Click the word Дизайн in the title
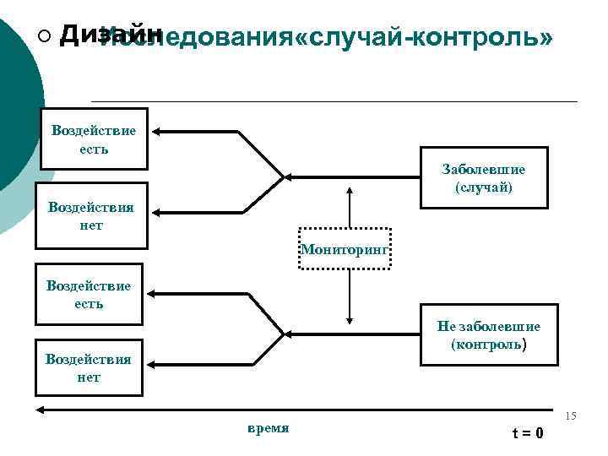tap(112, 33)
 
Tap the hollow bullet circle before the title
tap(44, 35)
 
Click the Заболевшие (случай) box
tap(483, 178)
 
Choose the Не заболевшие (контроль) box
tap(489, 334)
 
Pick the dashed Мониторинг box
tap(345, 248)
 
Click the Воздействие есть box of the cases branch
tap(93, 138)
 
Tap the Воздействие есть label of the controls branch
tap(89, 294)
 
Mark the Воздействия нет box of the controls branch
tap(89, 368)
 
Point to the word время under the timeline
tap(268, 428)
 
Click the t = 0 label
tap(528, 433)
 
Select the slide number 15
tap(571, 416)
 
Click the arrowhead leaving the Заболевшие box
tap(290, 178)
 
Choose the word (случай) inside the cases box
tap(483, 187)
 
